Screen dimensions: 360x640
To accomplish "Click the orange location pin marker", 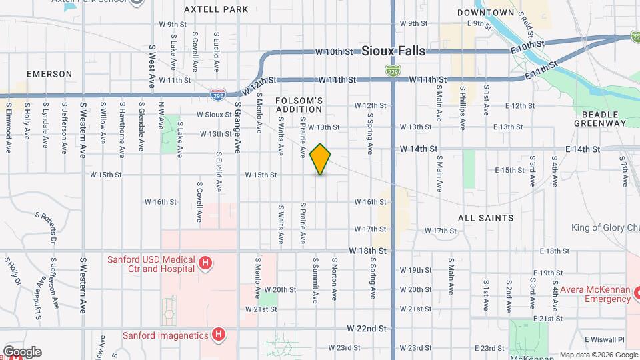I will (321, 159).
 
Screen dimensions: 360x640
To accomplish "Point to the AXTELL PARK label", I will (216, 9).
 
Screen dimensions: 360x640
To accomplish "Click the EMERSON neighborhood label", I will (49, 74).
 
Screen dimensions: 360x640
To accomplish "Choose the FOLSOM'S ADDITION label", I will (299, 105).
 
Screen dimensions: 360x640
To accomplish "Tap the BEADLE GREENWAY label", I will (600, 119).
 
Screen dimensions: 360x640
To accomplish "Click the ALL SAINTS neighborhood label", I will (486, 218).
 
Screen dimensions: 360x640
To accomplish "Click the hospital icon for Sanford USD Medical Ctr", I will (206, 264).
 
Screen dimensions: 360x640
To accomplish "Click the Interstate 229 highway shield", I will (393, 70).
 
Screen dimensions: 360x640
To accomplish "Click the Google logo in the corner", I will (22, 352).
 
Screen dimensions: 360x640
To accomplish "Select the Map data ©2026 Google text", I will (598, 355).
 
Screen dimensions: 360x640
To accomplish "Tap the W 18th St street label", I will (368, 251).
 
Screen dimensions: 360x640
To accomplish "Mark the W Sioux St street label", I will (213, 115).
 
